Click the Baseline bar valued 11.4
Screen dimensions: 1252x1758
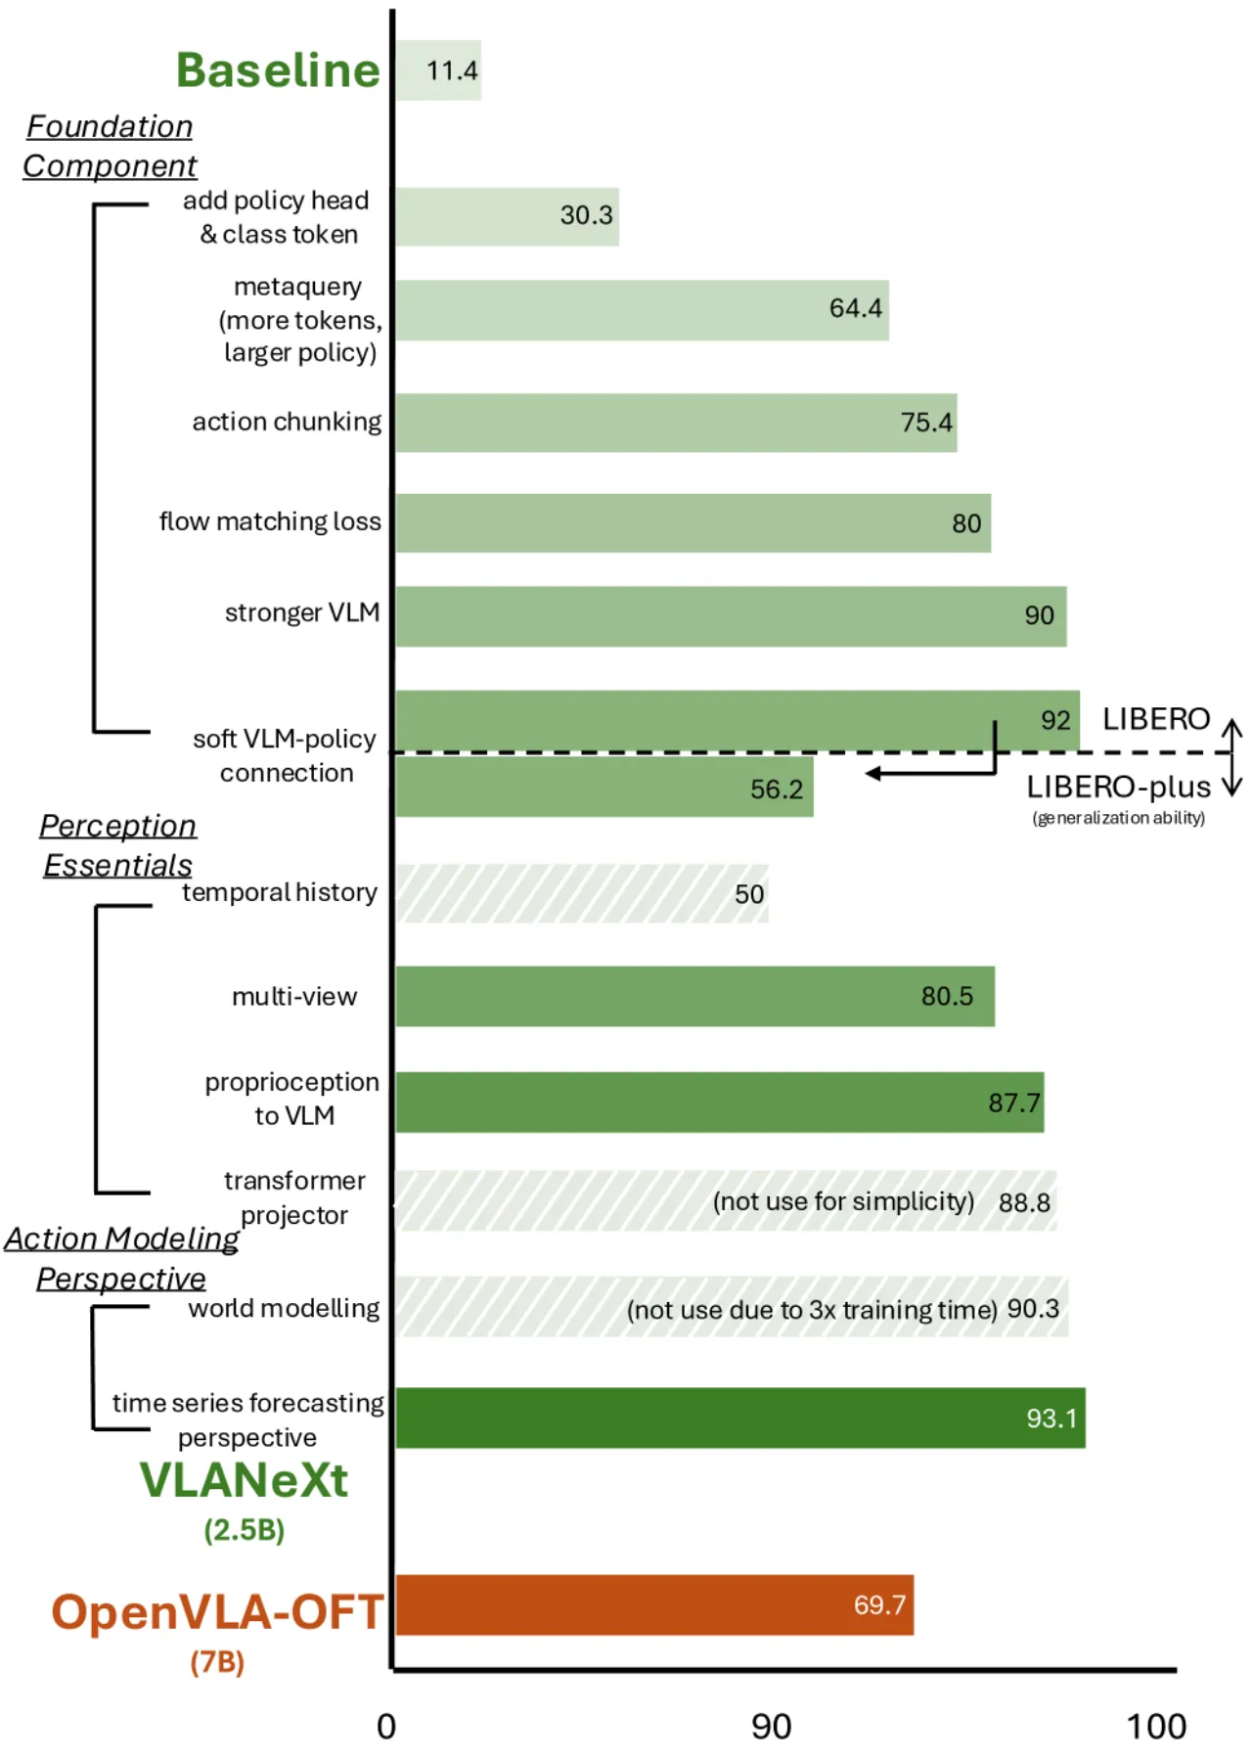pos(438,70)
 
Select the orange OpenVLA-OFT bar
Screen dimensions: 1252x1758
pos(654,1604)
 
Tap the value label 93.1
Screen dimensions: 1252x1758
pos(1051,1418)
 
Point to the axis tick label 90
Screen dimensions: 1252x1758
pos(771,1727)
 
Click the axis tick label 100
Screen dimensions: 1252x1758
pos(1156,1727)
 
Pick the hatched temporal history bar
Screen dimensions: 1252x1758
pos(582,893)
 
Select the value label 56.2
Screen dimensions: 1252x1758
pos(777,789)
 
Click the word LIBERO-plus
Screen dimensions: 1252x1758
pos(1118,787)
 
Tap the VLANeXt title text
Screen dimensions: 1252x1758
pos(244,1479)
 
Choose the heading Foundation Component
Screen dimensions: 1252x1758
pos(110,146)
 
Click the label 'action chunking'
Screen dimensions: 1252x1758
pos(287,422)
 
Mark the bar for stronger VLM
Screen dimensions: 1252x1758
pos(731,616)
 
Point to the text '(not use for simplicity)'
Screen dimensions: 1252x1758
pos(843,1201)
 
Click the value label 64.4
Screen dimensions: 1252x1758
pos(856,308)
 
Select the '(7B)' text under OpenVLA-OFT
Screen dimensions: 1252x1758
pos(217,1661)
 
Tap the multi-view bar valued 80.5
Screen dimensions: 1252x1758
pos(695,996)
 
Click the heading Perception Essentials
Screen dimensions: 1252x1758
pos(117,845)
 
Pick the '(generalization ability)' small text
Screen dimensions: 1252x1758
pos(1118,818)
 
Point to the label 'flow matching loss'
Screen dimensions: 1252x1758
pos(270,521)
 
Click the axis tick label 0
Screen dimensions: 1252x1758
pos(386,1727)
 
